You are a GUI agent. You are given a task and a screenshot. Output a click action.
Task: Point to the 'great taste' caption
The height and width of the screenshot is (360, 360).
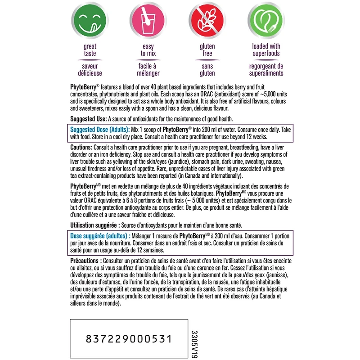(90, 50)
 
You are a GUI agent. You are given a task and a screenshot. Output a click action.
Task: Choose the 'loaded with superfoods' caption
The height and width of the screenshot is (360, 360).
(266, 50)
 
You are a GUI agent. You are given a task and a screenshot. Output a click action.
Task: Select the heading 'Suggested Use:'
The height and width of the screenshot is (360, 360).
(89, 119)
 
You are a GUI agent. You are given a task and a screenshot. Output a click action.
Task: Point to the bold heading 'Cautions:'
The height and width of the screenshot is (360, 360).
(83, 148)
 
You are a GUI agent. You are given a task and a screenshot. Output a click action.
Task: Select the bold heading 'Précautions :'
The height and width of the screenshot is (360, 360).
(86, 261)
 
